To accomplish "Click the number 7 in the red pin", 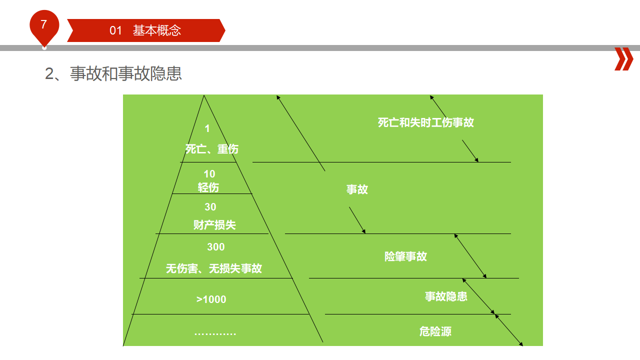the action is pyautogui.click(x=43, y=24).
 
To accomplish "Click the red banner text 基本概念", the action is pyautogui.click(x=157, y=30).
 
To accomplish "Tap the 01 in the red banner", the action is pyautogui.click(x=115, y=30).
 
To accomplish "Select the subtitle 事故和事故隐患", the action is pyautogui.click(x=125, y=73).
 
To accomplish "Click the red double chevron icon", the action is pyautogui.click(x=623, y=59).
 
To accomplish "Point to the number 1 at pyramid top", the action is pyautogui.click(x=207, y=128).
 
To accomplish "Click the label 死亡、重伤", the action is pyautogui.click(x=211, y=149).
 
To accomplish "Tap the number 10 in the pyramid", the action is pyautogui.click(x=209, y=173).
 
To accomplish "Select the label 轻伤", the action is pyautogui.click(x=208, y=187).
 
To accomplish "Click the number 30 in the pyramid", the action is pyautogui.click(x=210, y=207).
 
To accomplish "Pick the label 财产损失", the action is pyautogui.click(x=214, y=225).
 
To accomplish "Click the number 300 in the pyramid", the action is pyautogui.click(x=216, y=247).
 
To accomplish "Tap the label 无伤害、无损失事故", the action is pyautogui.click(x=213, y=268).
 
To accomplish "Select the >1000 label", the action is pyautogui.click(x=211, y=299).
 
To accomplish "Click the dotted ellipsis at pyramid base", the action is pyautogui.click(x=215, y=333).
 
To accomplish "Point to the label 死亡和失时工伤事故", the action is pyautogui.click(x=426, y=122).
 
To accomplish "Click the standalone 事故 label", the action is pyautogui.click(x=357, y=189).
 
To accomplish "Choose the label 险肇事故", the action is pyautogui.click(x=405, y=256).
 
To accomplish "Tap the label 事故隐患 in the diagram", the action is pyautogui.click(x=446, y=296).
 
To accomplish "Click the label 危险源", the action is pyautogui.click(x=435, y=331).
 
